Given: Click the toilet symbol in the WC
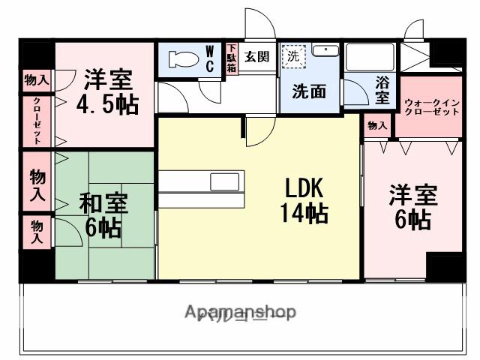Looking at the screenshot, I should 181,59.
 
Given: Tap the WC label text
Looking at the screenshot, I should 210,59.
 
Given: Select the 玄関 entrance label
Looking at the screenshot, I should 256,56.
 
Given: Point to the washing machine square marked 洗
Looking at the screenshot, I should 293,55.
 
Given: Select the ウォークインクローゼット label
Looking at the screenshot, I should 431,106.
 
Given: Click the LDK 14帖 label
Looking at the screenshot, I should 304,200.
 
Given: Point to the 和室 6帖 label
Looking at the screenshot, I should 104,215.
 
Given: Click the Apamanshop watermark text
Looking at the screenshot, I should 240,311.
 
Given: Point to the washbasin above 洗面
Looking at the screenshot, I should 325,50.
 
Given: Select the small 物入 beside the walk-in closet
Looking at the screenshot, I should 376,127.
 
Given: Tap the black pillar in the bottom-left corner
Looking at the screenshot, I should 36,265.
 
